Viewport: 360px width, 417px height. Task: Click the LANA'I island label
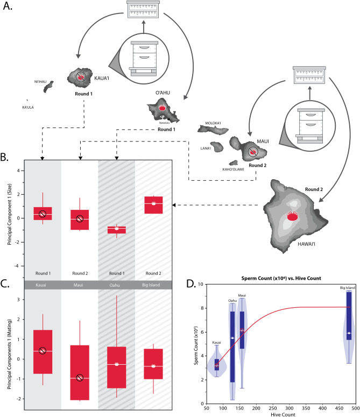[204, 147]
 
